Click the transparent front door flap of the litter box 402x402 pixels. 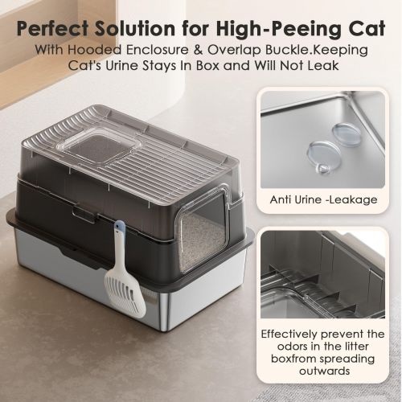[x=203, y=231]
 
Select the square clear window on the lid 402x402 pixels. [x=99, y=146]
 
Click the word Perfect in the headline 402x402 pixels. [x=53, y=28]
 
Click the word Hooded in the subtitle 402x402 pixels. [x=95, y=50]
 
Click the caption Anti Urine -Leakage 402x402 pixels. [x=323, y=199]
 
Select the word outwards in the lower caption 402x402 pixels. [x=325, y=371]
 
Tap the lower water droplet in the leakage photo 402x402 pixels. [x=324, y=157]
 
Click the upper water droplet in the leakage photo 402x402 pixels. [x=347, y=134]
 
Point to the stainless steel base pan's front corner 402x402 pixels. [x=164, y=328]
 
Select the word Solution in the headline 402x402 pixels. [x=135, y=28]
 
